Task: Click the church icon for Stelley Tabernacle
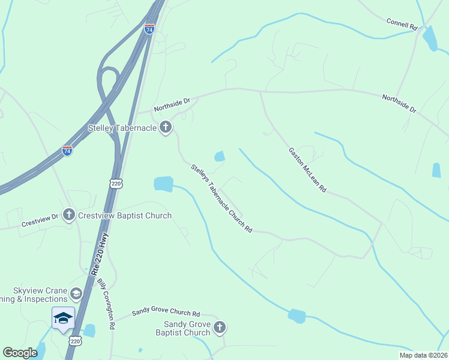click(x=166, y=127)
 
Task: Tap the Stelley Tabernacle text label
click(x=122, y=127)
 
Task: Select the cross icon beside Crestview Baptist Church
click(x=69, y=215)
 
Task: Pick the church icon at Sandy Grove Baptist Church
click(x=220, y=327)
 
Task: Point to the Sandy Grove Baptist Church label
click(x=182, y=328)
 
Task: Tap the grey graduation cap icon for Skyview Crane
click(x=76, y=293)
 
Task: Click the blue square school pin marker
click(x=63, y=318)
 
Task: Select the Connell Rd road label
click(x=402, y=23)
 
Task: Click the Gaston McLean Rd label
click(x=307, y=170)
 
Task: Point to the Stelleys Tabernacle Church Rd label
click(x=221, y=198)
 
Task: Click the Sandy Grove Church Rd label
click(x=166, y=313)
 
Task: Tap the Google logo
click(x=20, y=353)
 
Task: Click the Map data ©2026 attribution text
click(x=423, y=355)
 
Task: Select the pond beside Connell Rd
click(x=430, y=38)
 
